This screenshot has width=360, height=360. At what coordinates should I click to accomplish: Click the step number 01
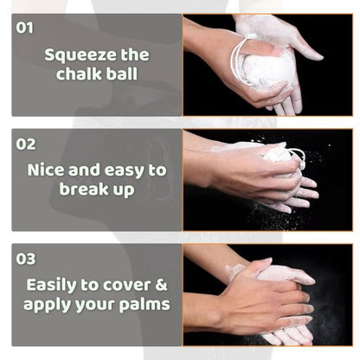point(24,28)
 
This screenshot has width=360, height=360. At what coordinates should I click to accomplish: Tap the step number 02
point(26,144)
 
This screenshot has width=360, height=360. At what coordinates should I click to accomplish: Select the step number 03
point(26,259)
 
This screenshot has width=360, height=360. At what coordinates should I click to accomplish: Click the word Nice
point(46,170)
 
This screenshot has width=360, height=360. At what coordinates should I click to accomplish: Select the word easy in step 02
point(125,171)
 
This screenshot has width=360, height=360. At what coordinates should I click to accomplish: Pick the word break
point(84,189)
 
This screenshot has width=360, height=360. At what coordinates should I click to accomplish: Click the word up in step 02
point(124,190)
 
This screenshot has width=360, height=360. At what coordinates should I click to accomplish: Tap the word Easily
point(51,286)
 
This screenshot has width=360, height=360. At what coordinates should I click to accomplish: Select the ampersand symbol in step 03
point(161,285)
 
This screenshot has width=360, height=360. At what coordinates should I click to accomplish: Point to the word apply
point(47,305)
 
